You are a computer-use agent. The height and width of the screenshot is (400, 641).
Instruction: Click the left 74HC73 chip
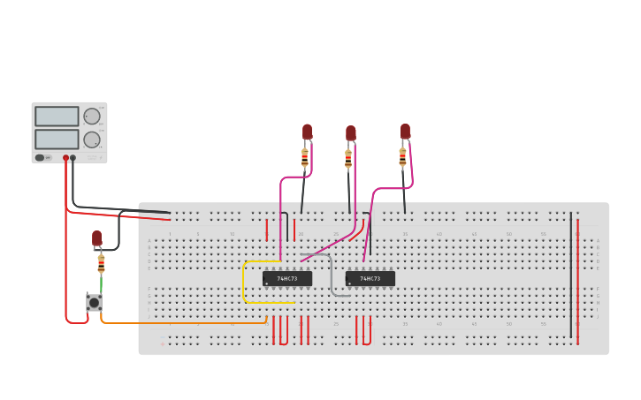tap(287, 278)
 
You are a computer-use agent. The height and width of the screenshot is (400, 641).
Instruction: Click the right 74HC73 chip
tap(370, 278)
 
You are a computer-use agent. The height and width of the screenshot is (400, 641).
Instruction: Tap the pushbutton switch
tap(94, 302)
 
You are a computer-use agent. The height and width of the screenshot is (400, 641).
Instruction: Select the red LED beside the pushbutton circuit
tap(96, 238)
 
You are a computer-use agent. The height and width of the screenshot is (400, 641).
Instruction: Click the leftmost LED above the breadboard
tap(307, 132)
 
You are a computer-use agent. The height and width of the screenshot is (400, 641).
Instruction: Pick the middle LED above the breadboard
tap(351, 133)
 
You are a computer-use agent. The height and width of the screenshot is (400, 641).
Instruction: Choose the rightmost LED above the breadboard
tap(405, 132)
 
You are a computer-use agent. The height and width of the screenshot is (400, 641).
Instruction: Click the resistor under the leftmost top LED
tap(305, 158)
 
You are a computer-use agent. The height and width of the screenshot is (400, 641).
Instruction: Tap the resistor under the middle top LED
tap(348, 160)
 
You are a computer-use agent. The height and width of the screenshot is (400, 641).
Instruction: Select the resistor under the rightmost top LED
tap(402, 157)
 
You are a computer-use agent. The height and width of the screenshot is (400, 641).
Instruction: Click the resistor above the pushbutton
tap(101, 263)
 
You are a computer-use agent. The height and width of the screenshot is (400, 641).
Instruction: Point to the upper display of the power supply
tap(57, 117)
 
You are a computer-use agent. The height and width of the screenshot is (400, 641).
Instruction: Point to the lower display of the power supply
tap(57, 140)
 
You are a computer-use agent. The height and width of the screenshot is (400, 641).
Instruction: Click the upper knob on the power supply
tap(92, 116)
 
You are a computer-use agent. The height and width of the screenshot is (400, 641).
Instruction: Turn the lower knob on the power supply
tap(92, 140)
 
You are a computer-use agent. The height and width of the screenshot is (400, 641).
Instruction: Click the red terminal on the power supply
tap(65, 158)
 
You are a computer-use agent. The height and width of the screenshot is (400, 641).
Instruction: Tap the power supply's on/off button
tap(40, 158)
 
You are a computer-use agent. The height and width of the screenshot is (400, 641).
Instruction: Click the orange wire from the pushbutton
tap(177, 322)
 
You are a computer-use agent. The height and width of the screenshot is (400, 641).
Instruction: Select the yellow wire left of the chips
tap(244, 283)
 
